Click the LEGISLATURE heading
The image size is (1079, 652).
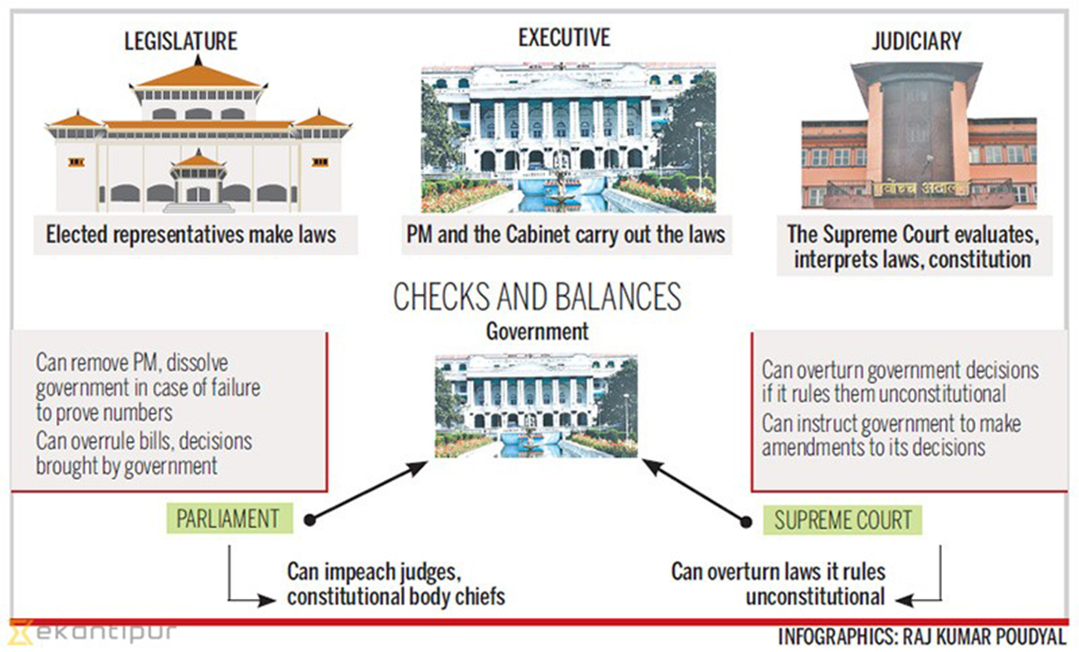(x=180, y=41)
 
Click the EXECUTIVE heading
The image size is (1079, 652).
(x=564, y=37)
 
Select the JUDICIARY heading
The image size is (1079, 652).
(x=916, y=41)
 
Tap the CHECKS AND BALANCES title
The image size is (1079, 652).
(x=537, y=297)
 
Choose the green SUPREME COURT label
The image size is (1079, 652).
(x=842, y=521)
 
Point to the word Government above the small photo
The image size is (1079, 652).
(x=537, y=332)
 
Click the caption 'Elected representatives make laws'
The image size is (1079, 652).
(x=191, y=234)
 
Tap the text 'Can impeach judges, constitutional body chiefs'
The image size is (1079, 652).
(x=395, y=584)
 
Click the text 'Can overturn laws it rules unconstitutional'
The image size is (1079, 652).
(x=779, y=584)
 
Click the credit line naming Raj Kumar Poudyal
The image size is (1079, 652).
(x=921, y=637)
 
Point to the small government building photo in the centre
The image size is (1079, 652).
(x=536, y=406)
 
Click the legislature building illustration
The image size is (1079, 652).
(x=198, y=137)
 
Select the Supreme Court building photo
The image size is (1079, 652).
(x=918, y=137)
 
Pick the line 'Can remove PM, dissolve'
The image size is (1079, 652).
(x=131, y=364)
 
